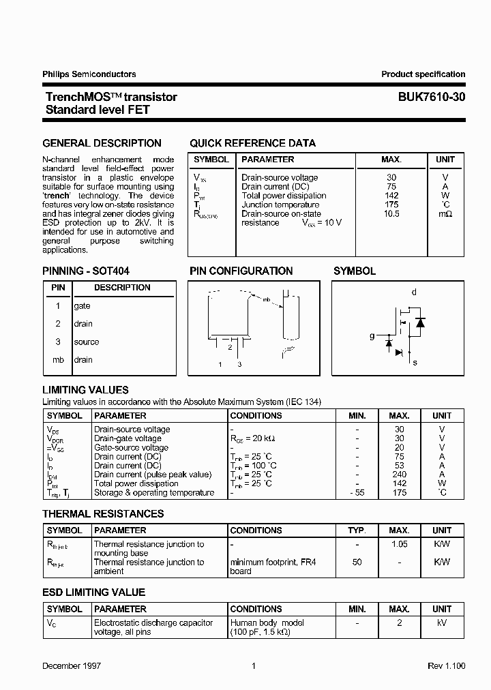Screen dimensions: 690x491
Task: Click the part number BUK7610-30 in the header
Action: [x=432, y=97]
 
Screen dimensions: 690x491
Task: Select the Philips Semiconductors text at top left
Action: [x=89, y=74]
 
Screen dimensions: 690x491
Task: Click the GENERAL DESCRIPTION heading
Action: [x=102, y=143]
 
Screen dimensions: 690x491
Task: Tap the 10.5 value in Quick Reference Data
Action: [x=391, y=213]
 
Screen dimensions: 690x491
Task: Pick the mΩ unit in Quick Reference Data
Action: [x=445, y=213]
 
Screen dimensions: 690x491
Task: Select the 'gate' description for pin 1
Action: [x=82, y=306]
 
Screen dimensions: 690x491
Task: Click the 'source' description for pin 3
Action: [x=86, y=342]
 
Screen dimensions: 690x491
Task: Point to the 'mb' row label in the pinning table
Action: [x=58, y=359]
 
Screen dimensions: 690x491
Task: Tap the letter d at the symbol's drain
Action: [x=413, y=292]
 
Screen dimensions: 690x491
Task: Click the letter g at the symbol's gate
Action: [x=372, y=335]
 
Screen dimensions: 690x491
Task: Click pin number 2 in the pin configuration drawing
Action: [x=230, y=347]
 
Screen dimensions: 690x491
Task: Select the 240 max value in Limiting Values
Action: [x=400, y=475]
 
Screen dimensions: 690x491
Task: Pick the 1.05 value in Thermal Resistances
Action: [x=400, y=544]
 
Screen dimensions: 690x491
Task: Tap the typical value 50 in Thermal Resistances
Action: [x=357, y=562]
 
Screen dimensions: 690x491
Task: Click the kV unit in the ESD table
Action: [x=442, y=622]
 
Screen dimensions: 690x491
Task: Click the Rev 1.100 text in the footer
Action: [x=446, y=665]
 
